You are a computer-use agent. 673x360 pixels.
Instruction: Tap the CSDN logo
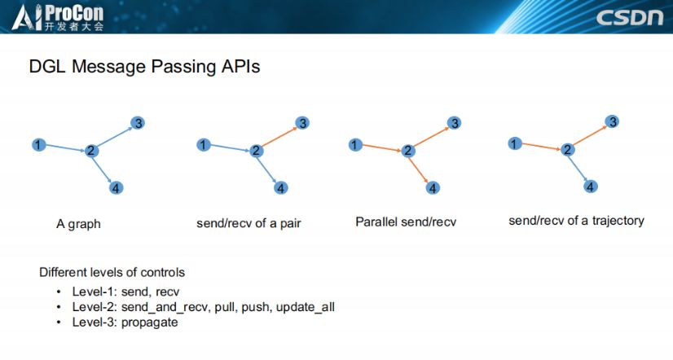(x=630, y=18)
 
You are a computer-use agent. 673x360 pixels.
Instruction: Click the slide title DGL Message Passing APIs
(x=144, y=67)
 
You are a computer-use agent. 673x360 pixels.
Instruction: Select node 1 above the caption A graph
(x=37, y=144)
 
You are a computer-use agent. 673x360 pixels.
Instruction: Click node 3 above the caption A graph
(x=139, y=123)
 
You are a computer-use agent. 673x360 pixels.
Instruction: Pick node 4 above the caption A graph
(x=116, y=188)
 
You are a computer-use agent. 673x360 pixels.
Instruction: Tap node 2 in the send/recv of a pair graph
(x=257, y=151)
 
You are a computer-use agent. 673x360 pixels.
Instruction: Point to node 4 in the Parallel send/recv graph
(x=433, y=187)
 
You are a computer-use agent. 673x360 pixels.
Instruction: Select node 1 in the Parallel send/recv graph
(x=354, y=144)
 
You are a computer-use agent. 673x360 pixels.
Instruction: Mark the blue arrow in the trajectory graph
(x=579, y=169)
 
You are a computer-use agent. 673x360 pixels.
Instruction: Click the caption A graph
(x=78, y=223)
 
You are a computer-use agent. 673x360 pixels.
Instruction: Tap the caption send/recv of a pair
(x=249, y=223)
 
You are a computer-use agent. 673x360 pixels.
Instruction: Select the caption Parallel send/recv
(x=406, y=222)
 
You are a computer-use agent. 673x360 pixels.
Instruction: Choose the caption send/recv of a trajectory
(x=576, y=221)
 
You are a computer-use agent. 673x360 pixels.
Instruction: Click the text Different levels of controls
(x=112, y=272)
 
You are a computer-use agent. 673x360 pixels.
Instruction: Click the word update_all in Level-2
(x=305, y=307)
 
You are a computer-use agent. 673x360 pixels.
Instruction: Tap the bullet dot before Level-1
(x=59, y=292)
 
